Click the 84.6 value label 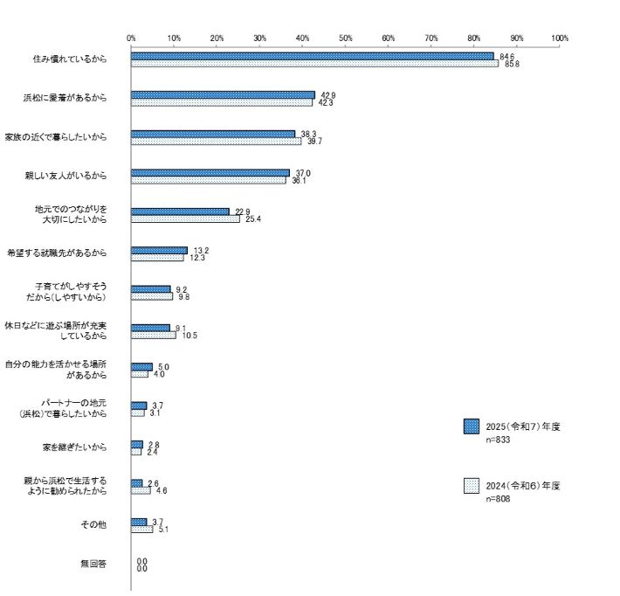504,56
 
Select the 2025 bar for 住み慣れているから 312,56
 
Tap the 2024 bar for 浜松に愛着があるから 222,103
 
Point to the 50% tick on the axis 346,38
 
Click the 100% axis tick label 560,38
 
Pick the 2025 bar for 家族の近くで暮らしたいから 213,134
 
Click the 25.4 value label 253,219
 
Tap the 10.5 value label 189,335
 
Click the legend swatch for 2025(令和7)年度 472,426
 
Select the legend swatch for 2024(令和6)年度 472,486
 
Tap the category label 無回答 93,565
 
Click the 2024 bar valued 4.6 141,490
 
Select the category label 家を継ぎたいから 74,447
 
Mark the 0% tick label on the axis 131,38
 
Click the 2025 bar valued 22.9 180,211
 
